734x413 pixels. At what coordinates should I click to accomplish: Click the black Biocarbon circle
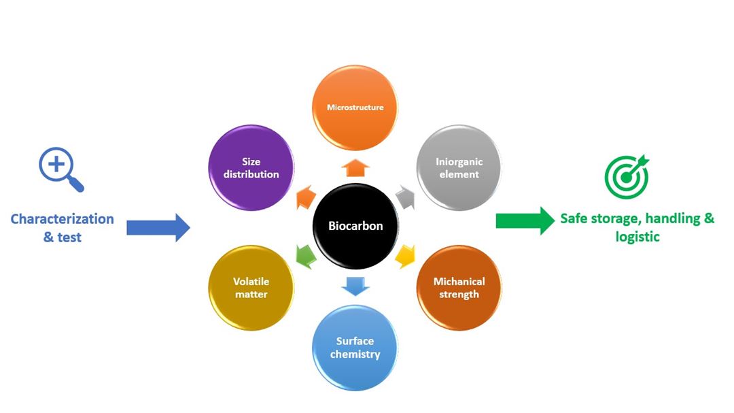[355, 225]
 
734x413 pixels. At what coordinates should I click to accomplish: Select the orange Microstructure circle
[355, 108]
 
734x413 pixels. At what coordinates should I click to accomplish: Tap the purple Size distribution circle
[251, 168]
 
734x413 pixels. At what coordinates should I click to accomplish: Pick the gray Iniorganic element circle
[458, 168]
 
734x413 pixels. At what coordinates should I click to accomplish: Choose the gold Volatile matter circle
[251, 288]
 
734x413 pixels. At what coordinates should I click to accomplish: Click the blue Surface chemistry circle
[355, 348]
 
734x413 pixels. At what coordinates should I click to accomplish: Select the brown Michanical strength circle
[459, 288]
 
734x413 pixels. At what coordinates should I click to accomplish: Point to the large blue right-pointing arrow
[158, 227]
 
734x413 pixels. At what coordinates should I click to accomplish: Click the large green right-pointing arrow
[525, 220]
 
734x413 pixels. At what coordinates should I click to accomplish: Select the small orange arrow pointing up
[354, 167]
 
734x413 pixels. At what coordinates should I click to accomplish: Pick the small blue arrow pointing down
[355, 286]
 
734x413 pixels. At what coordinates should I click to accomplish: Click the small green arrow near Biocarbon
[305, 256]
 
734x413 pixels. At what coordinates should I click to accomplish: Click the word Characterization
[62, 219]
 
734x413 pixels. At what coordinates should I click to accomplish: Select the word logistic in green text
[637, 237]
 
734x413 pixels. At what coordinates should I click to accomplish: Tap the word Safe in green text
[574, 219]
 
